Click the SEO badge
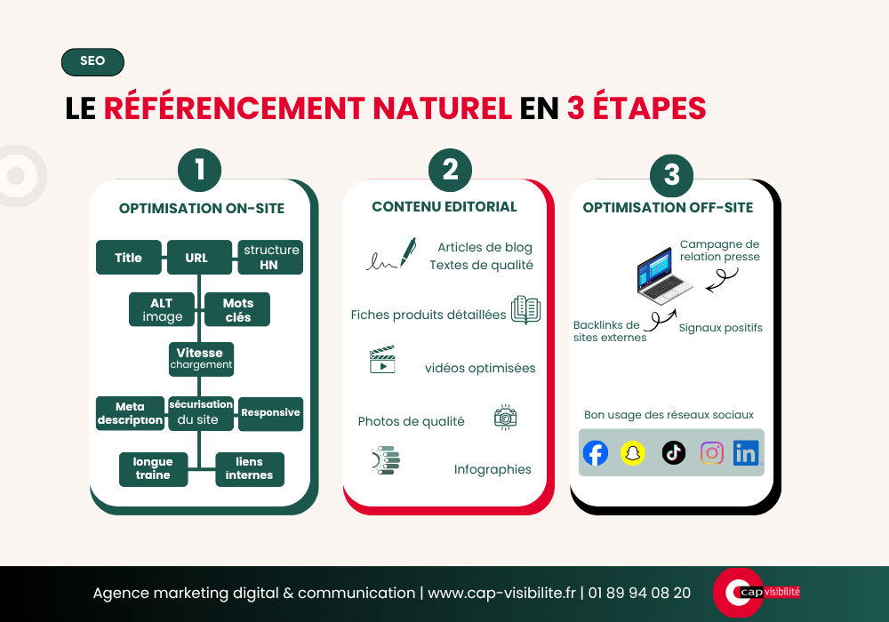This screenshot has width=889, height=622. click(92, 61)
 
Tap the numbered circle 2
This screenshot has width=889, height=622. click(450, 170)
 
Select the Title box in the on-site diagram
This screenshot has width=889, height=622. click(129, 257)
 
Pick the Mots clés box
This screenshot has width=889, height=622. click(237, 309)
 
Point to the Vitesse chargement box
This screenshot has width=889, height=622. click(201, 359)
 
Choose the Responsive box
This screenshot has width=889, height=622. click(270, 413)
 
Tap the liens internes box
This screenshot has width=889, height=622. click(250, 469)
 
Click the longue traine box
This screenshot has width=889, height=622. click(153, 469)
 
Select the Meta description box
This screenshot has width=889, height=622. click(130, 413)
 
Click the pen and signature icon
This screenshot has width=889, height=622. click(391, 254)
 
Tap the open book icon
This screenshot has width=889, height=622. click(525, 310)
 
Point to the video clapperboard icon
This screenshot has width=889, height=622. click(382, 359)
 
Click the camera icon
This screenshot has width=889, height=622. click(505, 418)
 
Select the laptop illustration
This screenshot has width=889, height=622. click(664, 275)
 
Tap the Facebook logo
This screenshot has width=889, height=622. click(596, 453)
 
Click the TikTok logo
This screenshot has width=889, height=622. click(674, 452)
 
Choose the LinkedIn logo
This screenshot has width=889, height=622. click(746, 453)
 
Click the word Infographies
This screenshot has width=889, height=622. click(493, 470)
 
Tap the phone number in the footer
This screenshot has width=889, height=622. click(639, 593)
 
